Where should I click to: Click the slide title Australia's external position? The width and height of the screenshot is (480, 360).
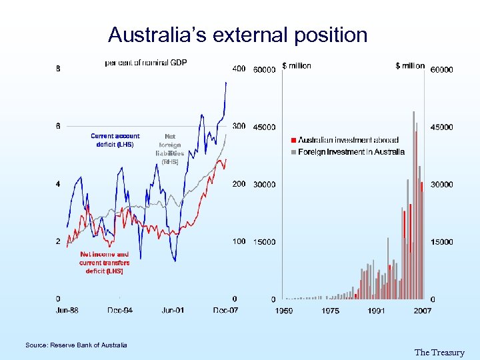click(237, 35)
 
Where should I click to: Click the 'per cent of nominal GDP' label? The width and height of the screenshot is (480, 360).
click(146, 63)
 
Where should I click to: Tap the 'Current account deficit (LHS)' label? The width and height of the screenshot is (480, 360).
click(115, 140)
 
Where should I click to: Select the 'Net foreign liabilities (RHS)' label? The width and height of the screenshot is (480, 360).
click(170, 149)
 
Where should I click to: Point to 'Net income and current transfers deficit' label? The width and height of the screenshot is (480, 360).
click(105, 263)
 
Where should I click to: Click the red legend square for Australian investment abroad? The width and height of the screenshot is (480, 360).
click(294, 141)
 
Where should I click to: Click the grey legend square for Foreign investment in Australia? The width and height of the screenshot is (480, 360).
click(294, 152)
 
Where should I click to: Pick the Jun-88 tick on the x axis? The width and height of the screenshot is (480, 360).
click(67, 310)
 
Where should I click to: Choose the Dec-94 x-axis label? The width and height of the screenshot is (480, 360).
click(120, 310)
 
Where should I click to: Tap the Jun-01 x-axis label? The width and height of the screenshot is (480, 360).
click(173, 310)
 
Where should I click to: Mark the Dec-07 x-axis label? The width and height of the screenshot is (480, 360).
click(225, 310)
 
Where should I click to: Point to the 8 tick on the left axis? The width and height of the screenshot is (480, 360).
click(59, 68)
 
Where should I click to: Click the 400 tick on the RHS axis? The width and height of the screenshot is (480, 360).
click(239, 68)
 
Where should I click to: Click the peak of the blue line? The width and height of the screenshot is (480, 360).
click(226, 82)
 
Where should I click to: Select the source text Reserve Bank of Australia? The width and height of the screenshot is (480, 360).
click(76, 345)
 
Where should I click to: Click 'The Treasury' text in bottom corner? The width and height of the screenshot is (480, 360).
click(439, 353)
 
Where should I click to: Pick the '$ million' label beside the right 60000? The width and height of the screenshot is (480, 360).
click(410, 66)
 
